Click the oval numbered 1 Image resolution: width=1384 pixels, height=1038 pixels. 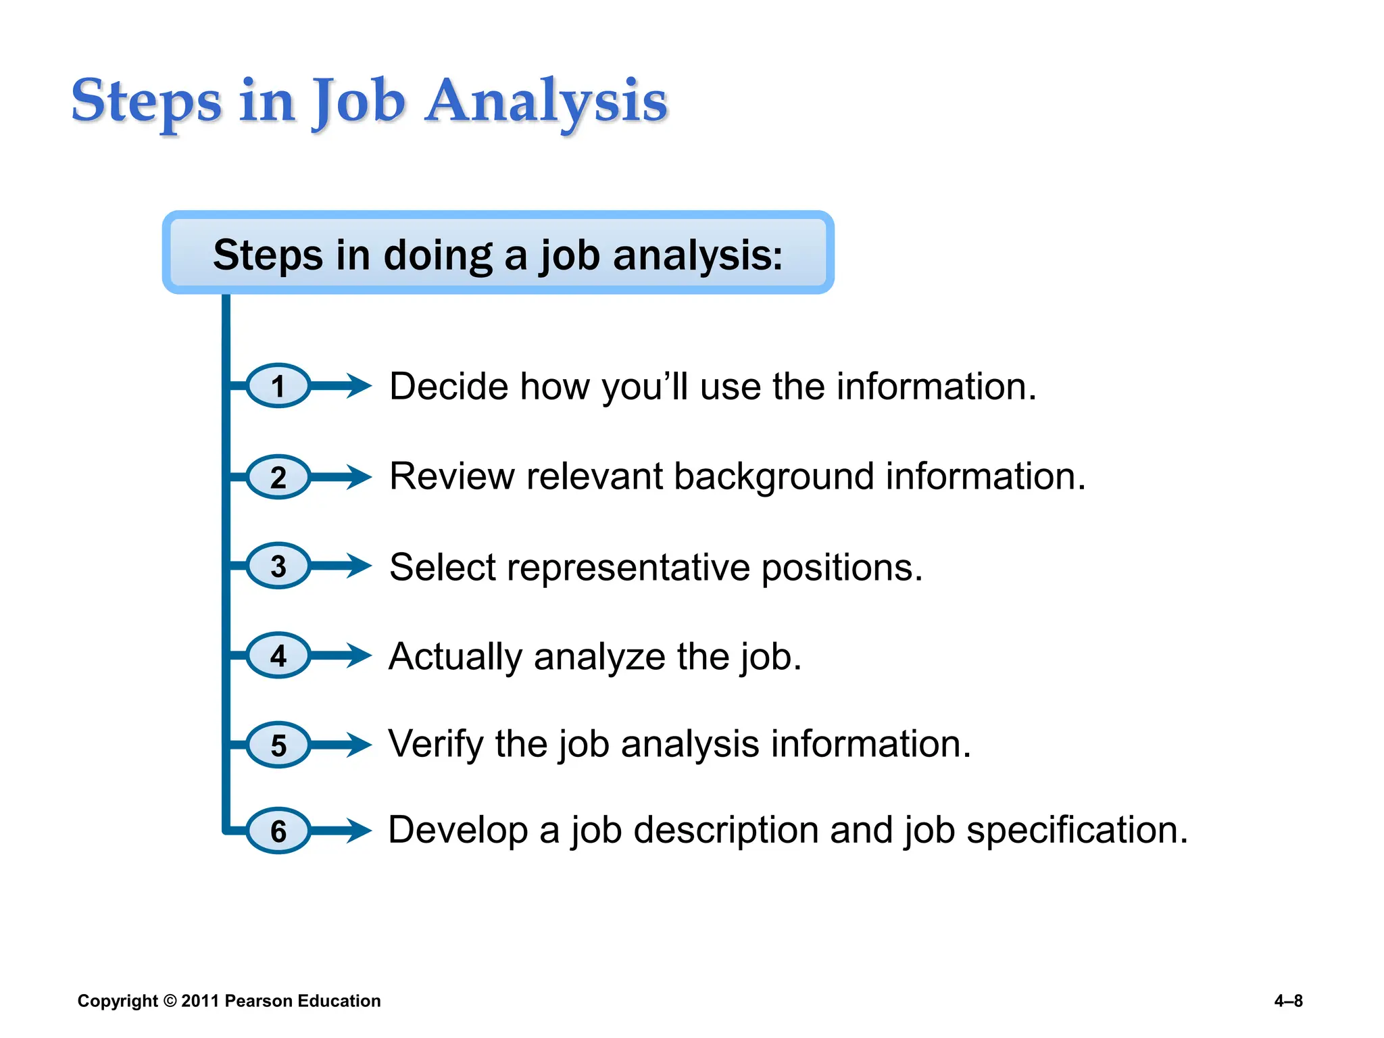(x=278, y=386)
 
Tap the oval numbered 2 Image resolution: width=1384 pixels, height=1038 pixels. (x=278, y=477)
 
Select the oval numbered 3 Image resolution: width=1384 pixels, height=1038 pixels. (x=278, y=566)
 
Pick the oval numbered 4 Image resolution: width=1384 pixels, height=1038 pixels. (x=278, y=656)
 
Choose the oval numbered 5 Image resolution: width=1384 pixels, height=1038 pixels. (x=278, y=745)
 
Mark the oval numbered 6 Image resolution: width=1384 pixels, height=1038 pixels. (x=278, y=831)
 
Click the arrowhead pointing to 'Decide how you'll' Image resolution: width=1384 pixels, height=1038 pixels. (x=359, y=386)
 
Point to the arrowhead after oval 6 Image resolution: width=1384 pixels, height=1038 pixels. (x=359, y=831)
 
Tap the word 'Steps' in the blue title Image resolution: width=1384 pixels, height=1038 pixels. (x=147, y=101)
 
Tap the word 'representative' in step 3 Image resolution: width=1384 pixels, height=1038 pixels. (x=628, y=567)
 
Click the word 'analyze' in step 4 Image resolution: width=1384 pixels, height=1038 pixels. (x=599, y=657)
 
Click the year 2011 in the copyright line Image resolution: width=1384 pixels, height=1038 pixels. (x=200, y=1001)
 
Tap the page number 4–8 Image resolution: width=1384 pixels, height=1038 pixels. (x=1288, y=1001)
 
